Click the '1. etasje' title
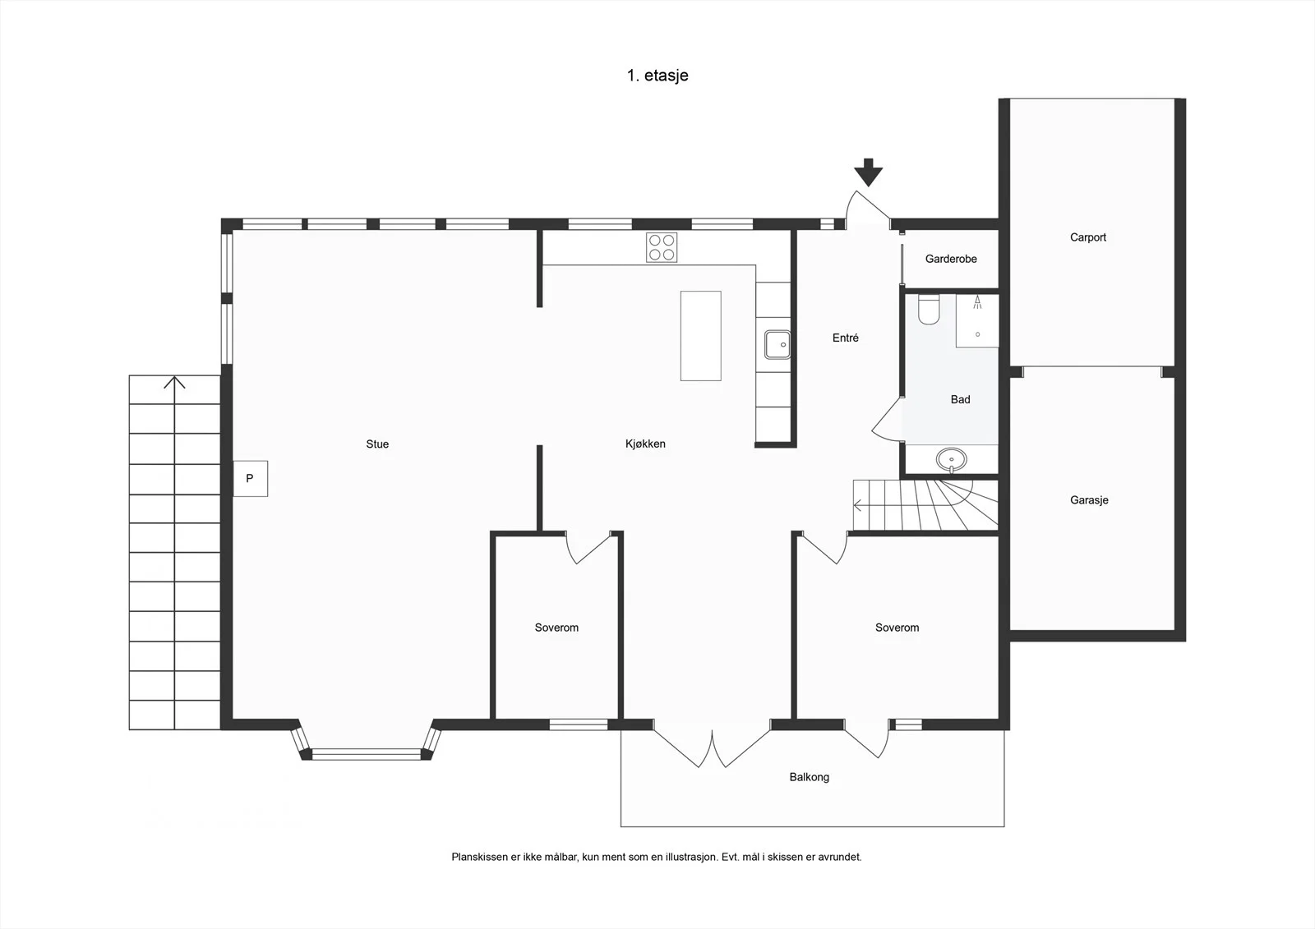(657, 76)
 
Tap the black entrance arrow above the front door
(868, 172)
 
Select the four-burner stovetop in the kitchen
(662, 247)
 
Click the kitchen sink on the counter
(777, 344)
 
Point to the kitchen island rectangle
(701, 336)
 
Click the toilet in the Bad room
(929, 310)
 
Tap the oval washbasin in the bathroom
(951, 459)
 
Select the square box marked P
(250, 478)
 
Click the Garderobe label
(951, 259)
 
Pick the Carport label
(1088, 237)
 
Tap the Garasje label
(1089, 500)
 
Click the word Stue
(377, 444)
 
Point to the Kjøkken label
(645, 444)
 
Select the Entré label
(846, 338)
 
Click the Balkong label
(809, 777)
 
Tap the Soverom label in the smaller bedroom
(556, 628)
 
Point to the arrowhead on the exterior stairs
(174, 383)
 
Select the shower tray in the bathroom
(977, 320)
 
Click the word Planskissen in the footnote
(480, 858)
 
